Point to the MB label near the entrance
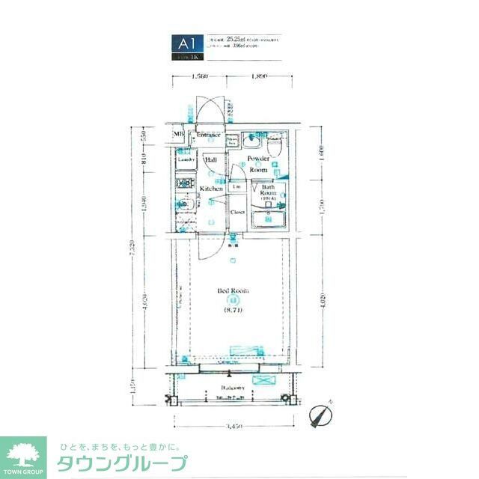[178, 135]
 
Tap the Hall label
[211, 160]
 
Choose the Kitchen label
[211, 189]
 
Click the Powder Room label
[258, 165]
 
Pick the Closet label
[238, 213]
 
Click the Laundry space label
[186, 160]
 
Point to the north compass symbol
[320, 414]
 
